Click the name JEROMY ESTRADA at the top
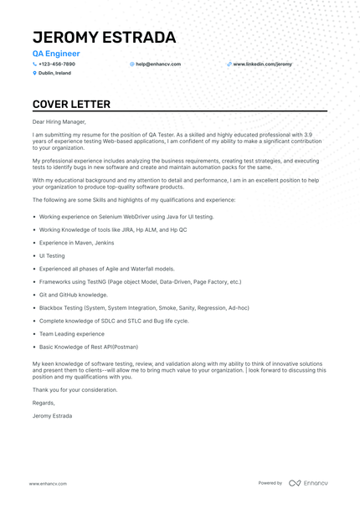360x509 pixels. [x=104, y=38]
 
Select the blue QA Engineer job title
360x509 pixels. [x=56, y=54]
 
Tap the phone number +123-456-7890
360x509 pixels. [x=57, y=64]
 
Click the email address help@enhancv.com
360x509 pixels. [x=158, y=64]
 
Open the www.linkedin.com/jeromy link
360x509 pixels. [x=262, y=64]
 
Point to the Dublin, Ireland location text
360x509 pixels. [x=55, y=73]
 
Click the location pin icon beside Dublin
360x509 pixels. [x=35, y=73]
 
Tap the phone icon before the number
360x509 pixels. [x=35, y=64]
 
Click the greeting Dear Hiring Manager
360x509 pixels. [x=59, y=121]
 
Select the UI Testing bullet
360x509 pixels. [x=51, y=255]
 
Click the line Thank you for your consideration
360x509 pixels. [x=75, y=389]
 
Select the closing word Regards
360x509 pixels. [x=43, y=403]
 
